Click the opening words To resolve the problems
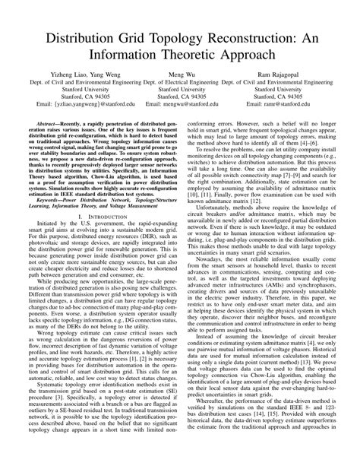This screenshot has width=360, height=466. pyautogui.click(x=228, y=149)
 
